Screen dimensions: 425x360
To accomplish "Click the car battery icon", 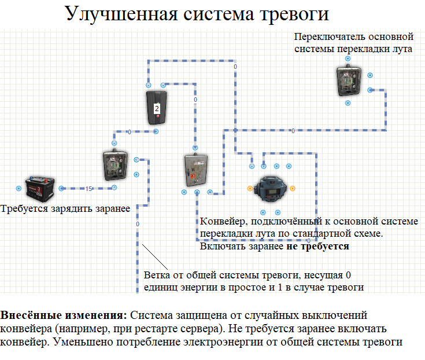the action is click(40, 189).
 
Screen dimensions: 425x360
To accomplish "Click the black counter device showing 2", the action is click(156, 108).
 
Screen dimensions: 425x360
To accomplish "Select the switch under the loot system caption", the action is click(349, 81).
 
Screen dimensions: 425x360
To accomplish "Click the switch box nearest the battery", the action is click(115, 166).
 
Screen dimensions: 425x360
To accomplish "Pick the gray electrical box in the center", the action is click(196, 170).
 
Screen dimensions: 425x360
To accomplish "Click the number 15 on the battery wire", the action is click(88, 189).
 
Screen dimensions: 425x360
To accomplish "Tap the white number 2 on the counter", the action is click(157, 108).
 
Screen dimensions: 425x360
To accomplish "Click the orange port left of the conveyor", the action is click(250, 189).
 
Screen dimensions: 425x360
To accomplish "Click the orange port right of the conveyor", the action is click(293, 189).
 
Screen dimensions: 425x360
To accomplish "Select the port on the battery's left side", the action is click(19, 188).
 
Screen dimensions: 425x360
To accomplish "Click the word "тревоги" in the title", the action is click(294, 14).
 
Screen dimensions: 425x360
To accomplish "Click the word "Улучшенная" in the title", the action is click(121, 14).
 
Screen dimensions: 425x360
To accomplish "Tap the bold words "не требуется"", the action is click(317, 247).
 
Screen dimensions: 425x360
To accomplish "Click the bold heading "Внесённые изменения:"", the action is click(64, 315).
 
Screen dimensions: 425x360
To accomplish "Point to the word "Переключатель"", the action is click(330, 36).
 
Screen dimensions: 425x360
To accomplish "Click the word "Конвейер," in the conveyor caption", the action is click(224, 222).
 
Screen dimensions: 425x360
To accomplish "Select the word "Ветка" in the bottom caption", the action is click(157, 275).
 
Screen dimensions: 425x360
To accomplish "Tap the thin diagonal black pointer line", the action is click(155, 257).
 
